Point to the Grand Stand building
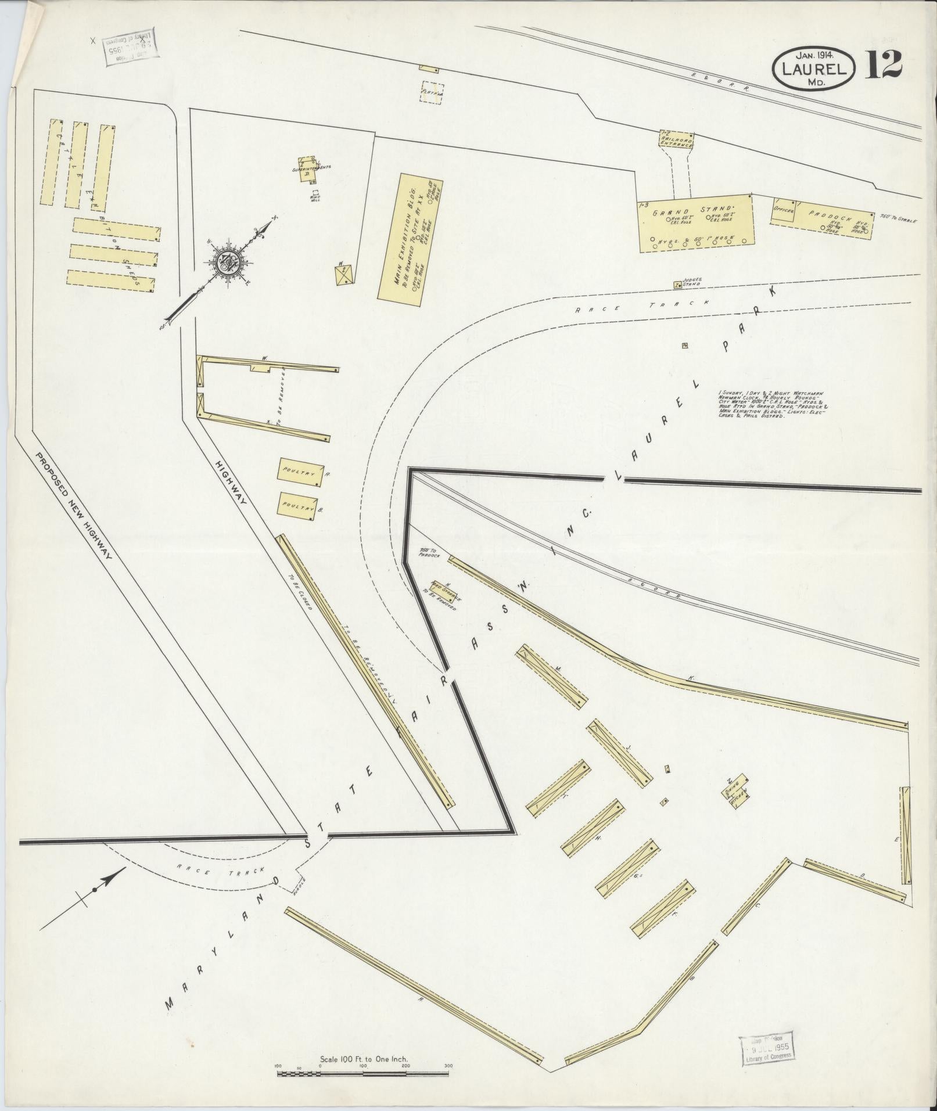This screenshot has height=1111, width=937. click(695, 224)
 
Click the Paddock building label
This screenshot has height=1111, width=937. click(827, 213)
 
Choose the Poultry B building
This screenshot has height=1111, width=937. click(299, 505)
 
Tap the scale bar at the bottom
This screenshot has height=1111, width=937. click(362, 1073)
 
